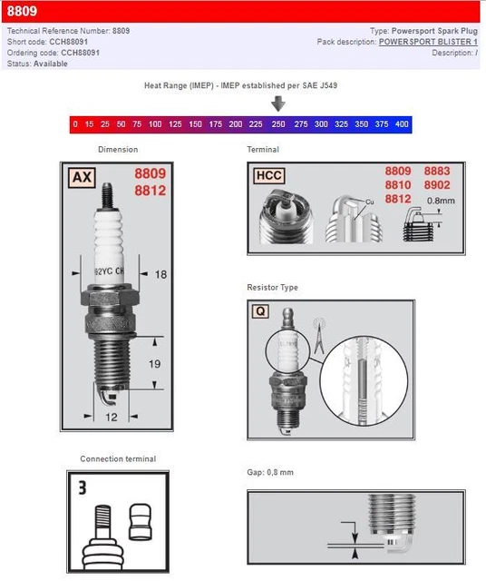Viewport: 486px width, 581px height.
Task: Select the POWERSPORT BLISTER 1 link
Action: pos(428,42)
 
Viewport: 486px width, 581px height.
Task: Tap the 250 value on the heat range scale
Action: pos(278,123)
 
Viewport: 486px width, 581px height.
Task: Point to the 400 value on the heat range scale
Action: pos(402,123)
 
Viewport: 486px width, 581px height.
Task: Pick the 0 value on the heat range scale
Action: pos(77,123)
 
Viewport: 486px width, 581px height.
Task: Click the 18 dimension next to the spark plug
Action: pos(160,273)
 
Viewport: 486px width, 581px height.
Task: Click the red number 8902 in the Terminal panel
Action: pos(436,184)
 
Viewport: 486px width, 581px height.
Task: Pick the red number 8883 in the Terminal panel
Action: pos(436,171)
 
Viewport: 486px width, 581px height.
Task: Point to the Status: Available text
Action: pos(37,64)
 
